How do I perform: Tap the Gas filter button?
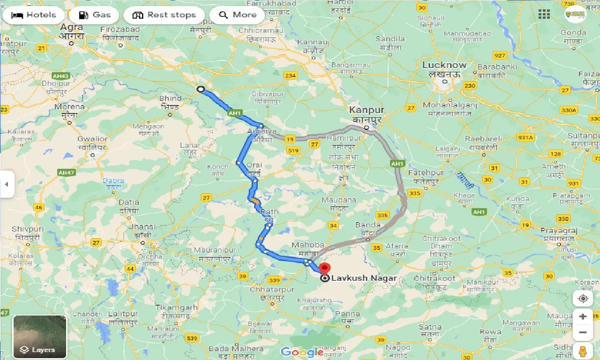point(96,15)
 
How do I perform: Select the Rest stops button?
point(164,15)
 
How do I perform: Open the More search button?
point(237,15)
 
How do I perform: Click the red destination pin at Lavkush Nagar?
point(324,269)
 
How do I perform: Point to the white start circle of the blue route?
point(201,89)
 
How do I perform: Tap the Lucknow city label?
point(444,65)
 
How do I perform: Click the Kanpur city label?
point(367,110)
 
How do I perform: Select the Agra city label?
point(72,27)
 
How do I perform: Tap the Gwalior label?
point(92,139)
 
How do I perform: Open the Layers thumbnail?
point(40,337)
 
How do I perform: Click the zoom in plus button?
point(583,316)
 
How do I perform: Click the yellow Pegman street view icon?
point(583,351)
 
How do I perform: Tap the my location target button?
point(583,299)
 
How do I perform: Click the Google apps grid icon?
point(544,14)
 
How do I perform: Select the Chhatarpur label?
point(272,290)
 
